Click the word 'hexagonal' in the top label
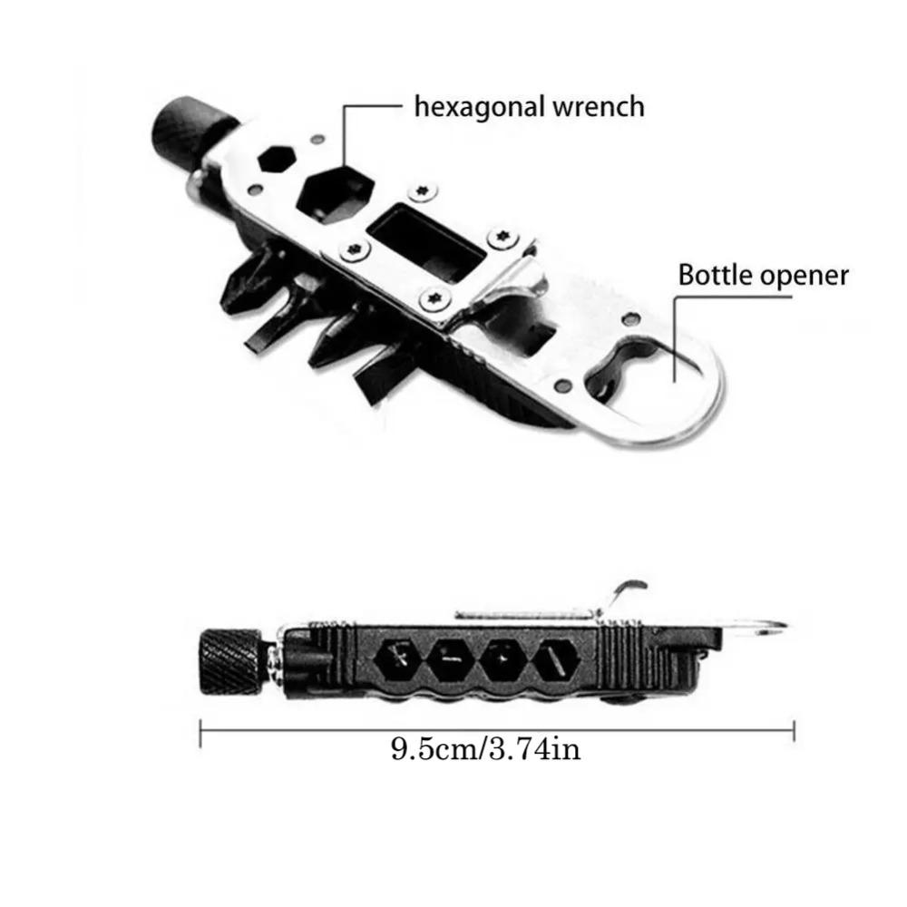click(470, 107)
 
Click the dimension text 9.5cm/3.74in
click(485, 750)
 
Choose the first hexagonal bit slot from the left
click(399, 660)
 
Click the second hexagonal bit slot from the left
click(450, 660)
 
